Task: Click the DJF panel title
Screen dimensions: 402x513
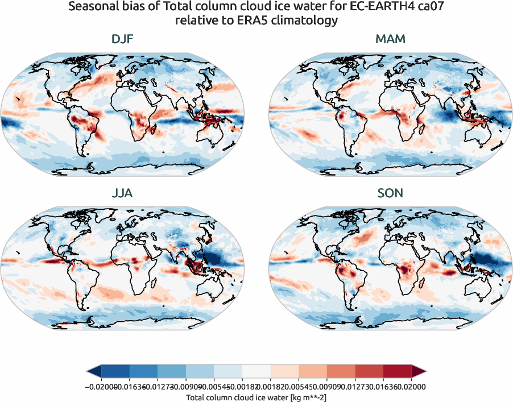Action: point(123,40)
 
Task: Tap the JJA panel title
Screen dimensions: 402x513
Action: point(123,193)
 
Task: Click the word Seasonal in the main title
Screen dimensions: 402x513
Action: point(93,7)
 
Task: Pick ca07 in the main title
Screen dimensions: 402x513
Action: point(428,7)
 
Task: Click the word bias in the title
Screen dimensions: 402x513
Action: point(137,7)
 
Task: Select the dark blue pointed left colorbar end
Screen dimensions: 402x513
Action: point(93,371)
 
